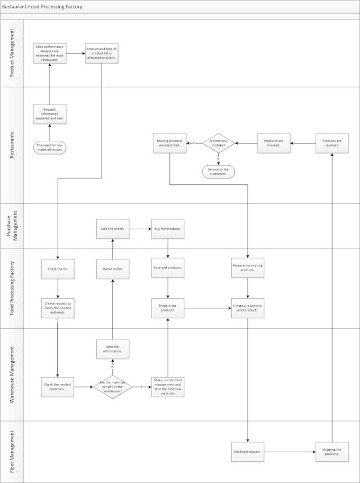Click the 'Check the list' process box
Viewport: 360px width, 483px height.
coord(58,269)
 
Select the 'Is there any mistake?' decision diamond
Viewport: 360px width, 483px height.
coord(219,143)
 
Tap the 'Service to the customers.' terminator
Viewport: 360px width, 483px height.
coord(218,171)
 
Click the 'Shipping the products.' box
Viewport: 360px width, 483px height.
coord(332,452)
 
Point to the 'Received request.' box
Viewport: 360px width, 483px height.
coord(247,452)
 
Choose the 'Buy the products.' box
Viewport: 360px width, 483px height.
coord(168,229)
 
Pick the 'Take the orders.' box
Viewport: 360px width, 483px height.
coord(112,229)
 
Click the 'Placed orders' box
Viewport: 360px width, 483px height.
coord(112,269)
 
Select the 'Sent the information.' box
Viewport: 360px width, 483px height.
coord(112,349)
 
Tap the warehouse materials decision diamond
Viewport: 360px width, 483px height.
coord(112,387)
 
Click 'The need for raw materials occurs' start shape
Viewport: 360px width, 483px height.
coord(50,147)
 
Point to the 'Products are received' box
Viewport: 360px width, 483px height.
coord(332,143)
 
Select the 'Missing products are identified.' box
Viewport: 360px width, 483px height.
coord(170,143)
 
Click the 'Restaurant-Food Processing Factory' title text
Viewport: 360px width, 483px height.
coord(42,7)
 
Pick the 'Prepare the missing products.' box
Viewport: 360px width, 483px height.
coord(247,269)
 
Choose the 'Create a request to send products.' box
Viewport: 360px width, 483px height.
coord(247,308)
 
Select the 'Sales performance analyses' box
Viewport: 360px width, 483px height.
coord(50,53)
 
